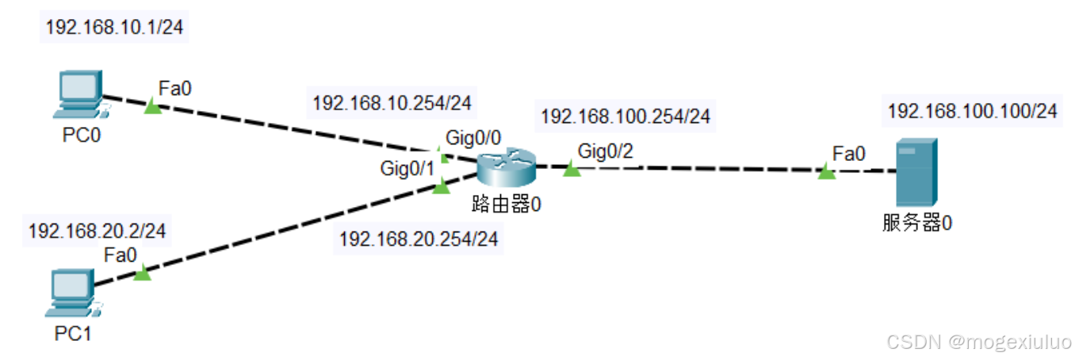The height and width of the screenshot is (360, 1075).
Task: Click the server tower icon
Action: [916, 172]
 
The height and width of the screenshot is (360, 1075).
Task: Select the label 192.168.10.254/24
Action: [392, 103]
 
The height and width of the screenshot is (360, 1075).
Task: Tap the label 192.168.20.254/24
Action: [419, 239]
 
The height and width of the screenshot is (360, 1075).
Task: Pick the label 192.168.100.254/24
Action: [625, 117]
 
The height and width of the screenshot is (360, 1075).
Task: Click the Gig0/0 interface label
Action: [472, 137]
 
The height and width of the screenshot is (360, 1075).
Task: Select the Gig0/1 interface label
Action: [407, 168]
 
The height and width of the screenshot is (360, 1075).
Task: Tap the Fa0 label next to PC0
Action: [175, 87]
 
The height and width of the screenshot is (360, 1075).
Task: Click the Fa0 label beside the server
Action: [849, 152]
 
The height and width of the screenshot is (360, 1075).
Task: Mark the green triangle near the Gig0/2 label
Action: [572, 169]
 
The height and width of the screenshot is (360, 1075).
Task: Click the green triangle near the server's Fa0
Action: [827, 171]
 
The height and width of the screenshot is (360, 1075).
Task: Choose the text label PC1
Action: [73, 334]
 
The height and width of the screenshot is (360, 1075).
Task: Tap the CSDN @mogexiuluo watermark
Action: [978, 342]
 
